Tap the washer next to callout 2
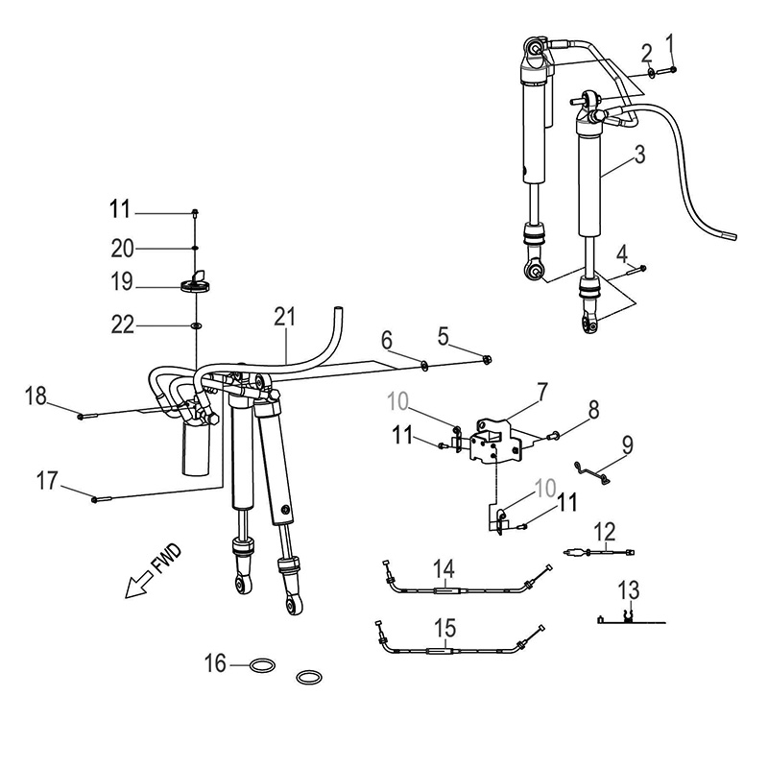point(652,70)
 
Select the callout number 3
point(638,153)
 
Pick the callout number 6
point(387,339)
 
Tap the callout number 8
point(593,411)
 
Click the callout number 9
point(627,444)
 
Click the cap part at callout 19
point(195,282)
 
